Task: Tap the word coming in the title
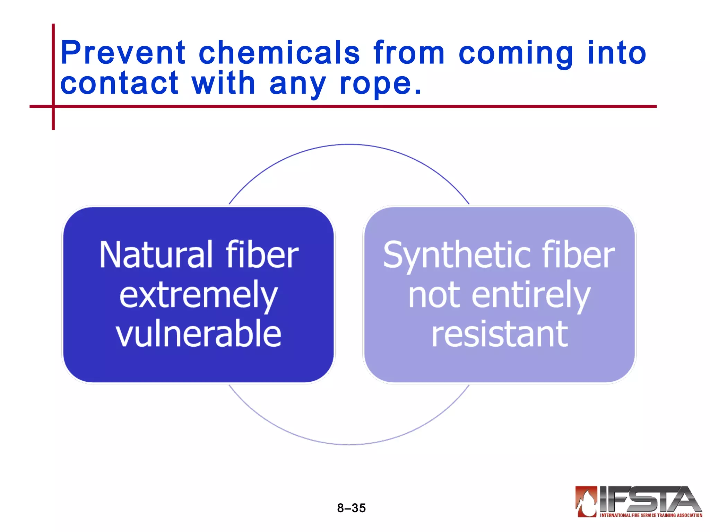click(x=516, y=54)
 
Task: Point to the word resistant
click(x=500, y=334)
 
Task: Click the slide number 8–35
click(x=351, y=508)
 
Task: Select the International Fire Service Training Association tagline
click(x=651, y=515)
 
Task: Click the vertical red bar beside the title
click(x=53, y=76)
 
